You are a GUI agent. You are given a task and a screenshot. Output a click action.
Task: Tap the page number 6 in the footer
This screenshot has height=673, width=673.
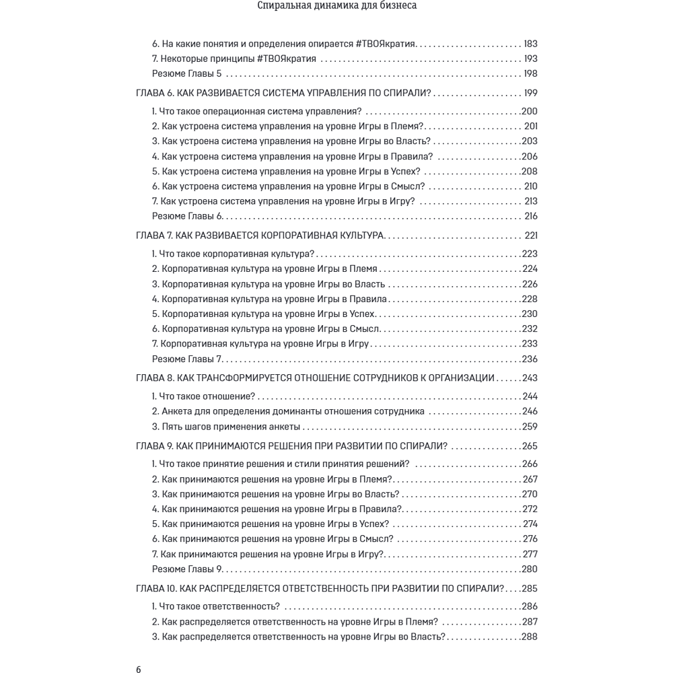[139, 669]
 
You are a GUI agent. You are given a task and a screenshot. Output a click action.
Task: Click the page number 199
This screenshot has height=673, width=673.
[530, 93]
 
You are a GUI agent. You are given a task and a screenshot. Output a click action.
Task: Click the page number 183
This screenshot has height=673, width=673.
[530, 43]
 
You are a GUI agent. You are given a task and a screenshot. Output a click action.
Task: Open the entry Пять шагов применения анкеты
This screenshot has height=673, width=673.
[226, 427]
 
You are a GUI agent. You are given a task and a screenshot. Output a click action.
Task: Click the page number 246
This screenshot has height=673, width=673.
[530, 411]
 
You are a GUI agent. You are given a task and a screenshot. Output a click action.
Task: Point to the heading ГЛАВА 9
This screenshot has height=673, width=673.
[292, 446]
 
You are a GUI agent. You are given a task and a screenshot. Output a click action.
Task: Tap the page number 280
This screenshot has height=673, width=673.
[530, 569]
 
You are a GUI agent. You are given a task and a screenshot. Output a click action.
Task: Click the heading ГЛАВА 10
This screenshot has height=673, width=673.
[320, 588]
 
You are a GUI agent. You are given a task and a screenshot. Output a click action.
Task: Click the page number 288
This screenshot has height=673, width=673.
[530, 637]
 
